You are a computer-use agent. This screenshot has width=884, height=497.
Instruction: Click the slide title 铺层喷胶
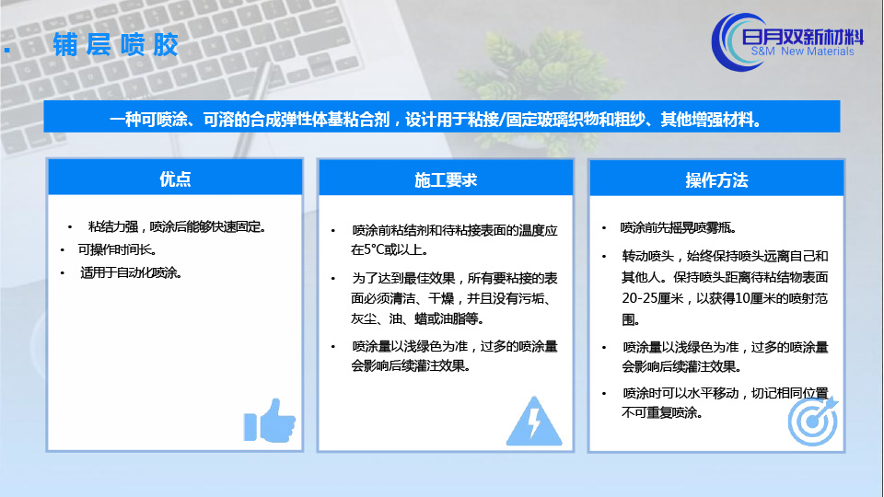coord(116,44)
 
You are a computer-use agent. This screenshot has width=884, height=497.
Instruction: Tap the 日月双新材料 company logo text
coord(803,37)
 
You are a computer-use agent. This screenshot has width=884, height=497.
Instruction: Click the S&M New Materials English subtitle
coord(802,52)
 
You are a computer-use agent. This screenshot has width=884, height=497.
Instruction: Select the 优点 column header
coord(175,179)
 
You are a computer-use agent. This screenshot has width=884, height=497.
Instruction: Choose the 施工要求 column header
coord(446,179)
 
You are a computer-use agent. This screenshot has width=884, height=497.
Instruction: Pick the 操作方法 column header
coord(716,180)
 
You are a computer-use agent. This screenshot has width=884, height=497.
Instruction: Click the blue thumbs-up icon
coord(270,421)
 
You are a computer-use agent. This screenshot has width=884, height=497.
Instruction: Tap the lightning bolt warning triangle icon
coord(534,421)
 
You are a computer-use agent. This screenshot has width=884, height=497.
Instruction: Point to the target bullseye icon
coord(813,421)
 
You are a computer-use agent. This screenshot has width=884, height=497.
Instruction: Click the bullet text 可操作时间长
coord(117,249)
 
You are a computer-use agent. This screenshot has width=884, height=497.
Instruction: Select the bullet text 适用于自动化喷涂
coord(131,272)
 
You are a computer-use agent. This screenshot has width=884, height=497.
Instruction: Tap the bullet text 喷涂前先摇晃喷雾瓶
coord(679,227)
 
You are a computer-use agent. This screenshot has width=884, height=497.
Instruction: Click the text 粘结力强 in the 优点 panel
coord(112,226)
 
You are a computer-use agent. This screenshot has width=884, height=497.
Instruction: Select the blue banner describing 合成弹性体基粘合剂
coord(442,117)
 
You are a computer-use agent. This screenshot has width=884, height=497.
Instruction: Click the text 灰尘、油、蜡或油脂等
coord(417,319)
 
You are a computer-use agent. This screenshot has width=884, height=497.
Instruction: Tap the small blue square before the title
coord(6,50)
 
